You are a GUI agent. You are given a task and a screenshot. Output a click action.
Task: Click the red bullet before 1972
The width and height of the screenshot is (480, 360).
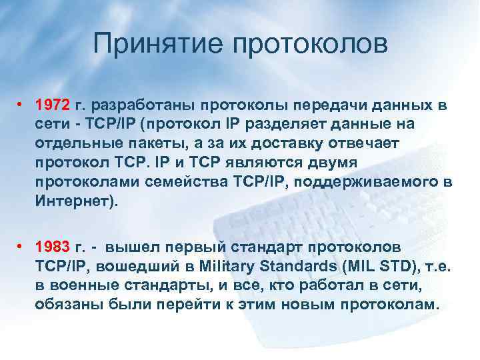click(x=22, y=105)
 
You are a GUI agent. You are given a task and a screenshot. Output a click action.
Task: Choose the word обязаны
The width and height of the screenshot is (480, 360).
click(x=65, y=305)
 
